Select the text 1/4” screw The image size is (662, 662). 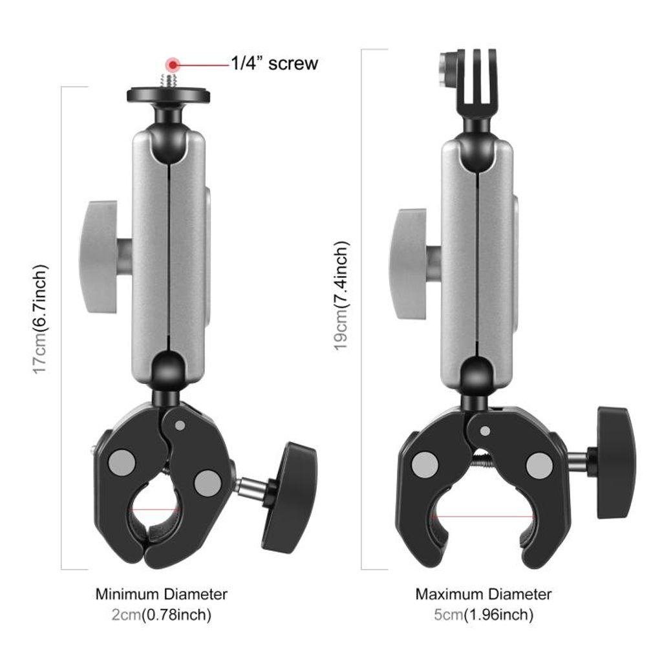(x=275, y=63)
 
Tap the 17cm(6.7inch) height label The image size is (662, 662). (x=40, y=318)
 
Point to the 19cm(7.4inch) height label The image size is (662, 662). (x=341, y=295)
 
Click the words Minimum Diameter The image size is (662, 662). (x=162, y=593)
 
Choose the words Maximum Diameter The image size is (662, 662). (x=484, y=593)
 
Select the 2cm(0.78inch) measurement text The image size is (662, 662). (x=162, y=615)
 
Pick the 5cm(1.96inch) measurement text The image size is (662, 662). (x=484, y=615)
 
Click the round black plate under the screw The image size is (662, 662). (x=168, y=94)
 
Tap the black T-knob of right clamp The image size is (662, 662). (x=615, y=462)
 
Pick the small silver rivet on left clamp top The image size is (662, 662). (x=180, y=425)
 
